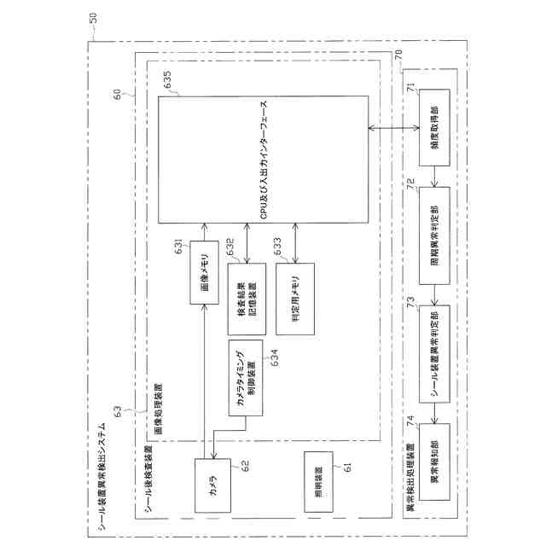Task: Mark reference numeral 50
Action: point(92,16)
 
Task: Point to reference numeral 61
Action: point(346,466)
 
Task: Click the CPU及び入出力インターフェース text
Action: point(264,162)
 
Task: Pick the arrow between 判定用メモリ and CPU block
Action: point(295,244)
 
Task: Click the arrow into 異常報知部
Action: point(436,415)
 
